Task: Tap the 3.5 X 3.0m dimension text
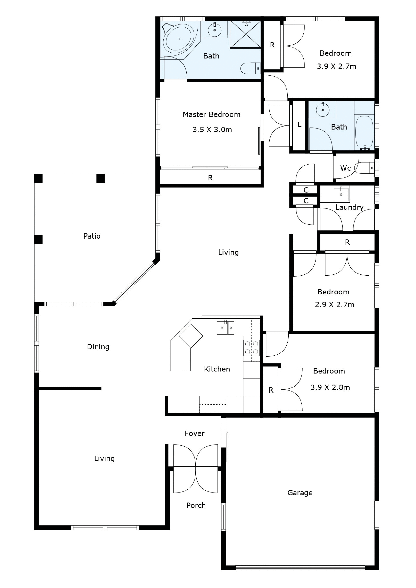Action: tap(212, 130)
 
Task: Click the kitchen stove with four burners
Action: tap(252, 348)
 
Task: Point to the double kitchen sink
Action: tap(225, 328)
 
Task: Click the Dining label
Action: tap(98, 347)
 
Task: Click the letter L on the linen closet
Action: tap(299, 125)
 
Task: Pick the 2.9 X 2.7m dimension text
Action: tap(335, 305)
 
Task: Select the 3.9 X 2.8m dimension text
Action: tap(330, 387)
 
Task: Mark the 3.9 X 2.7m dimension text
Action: tap(337, 67)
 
